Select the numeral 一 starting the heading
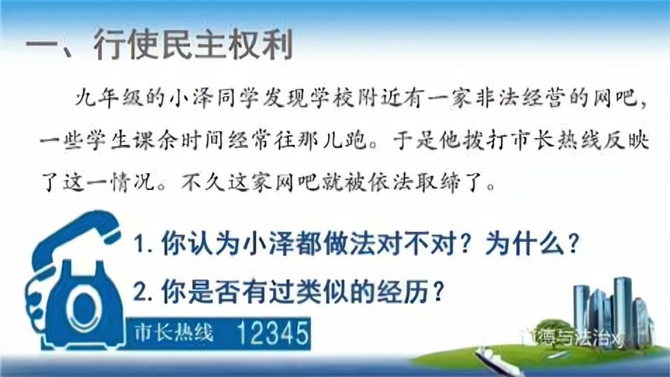pos(38,47)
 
